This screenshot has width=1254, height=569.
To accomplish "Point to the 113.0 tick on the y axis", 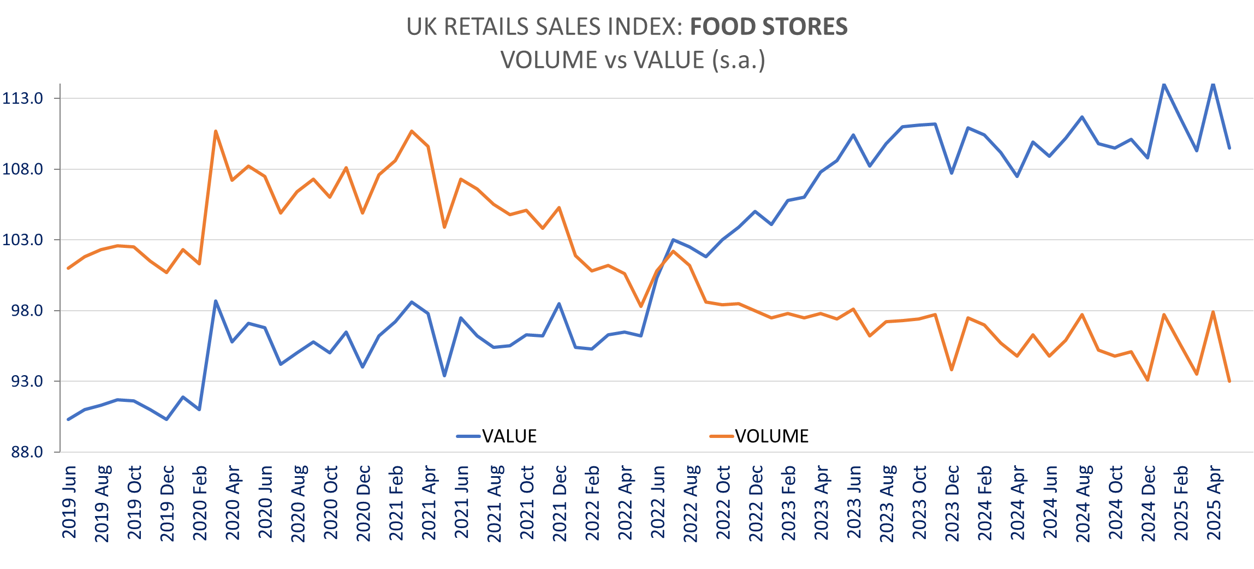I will [x=23, y=98].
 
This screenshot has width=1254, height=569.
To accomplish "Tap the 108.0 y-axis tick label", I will [x=23, y=169].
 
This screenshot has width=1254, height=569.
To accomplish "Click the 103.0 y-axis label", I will [x=23, y=240].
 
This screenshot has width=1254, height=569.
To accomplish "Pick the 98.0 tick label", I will [x=26, y=311].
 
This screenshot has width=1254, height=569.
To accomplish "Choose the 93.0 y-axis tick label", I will [x=26, y=381].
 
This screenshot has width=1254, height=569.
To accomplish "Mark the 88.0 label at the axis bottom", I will [x=26, y=452].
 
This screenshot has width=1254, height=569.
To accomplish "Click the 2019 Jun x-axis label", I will [x=69, y=502].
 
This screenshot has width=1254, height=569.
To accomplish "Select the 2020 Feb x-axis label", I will [x=200, y=503].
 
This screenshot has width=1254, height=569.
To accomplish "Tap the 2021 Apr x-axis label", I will [x=429, y=502].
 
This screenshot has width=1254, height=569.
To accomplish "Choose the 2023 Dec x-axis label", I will [x=952, y=503].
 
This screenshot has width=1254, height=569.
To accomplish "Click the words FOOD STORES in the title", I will [x=769, y=27].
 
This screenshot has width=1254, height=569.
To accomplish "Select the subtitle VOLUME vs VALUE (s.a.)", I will [x=633, y=60].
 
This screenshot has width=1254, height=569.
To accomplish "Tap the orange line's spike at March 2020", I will [x=216, y=131].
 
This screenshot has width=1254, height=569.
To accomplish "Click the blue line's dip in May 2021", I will [x=444, y=376].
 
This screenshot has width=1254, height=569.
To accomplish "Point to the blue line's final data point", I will [x=1229, y=148].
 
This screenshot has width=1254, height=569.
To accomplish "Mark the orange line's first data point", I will [x=68, y=268].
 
